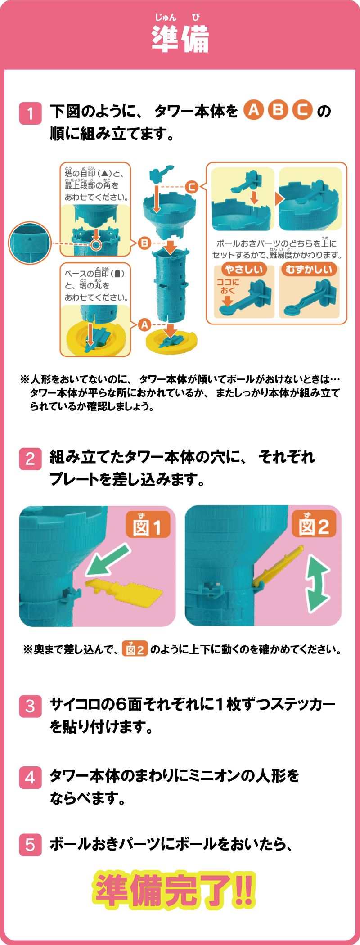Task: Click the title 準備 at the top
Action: click(180, 39)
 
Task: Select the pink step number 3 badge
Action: click(30, 706)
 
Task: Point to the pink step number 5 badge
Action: click(30, 845)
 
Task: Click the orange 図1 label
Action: click(148, 524)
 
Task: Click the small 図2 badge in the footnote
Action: click(135, 649)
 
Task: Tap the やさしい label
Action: click(244, 269)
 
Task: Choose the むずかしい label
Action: click(309, 269)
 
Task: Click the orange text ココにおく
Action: click(228, 286)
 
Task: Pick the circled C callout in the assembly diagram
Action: click(192, 187)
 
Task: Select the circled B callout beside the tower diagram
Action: click(144, 243)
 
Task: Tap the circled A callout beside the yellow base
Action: click(144, 324)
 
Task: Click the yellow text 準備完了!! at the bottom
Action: click(174, 889)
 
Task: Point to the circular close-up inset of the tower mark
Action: click(30, 243)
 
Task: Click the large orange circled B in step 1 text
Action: click(278, 110)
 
